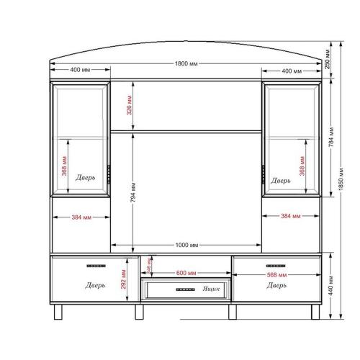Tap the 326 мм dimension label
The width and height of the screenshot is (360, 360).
[x=130, y=106]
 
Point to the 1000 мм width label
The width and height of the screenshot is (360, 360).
[x=186, y=245]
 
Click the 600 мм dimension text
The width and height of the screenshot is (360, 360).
[x=186, y=274]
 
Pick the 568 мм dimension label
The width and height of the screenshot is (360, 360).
[x=276, y=274]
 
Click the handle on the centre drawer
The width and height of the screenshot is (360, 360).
[x=185, y=289]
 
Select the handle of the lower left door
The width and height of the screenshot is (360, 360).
[x=95, y=266]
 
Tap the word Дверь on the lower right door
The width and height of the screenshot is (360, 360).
[x=276, y=286]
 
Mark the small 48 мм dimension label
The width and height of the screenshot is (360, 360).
[x=150, y=264]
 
